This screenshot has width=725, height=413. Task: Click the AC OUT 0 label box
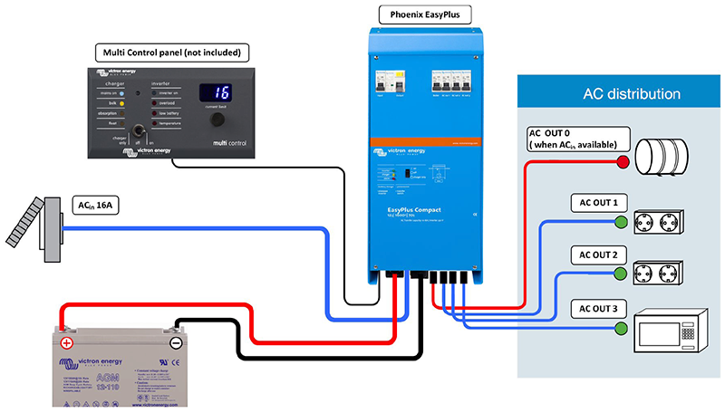pyautogui.click(x=574, y=138)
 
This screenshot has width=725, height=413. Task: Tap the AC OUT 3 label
pyautogui.click(x=594, y=309)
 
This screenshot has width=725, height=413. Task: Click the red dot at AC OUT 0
pyautogui.click(x=623, y=162)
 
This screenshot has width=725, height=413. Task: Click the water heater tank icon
pyautogui.click(x=666, y=161)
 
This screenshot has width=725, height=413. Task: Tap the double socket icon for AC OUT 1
pyautogui.click(x=669, y=221)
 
